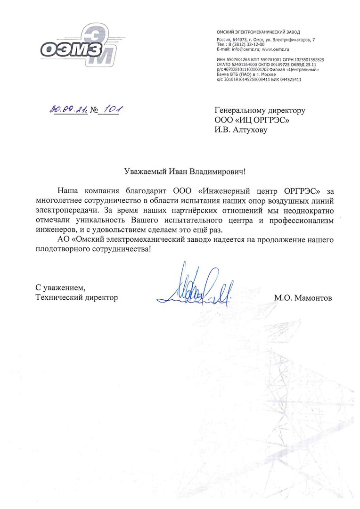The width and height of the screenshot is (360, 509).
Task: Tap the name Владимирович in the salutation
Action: (x=216, y=172)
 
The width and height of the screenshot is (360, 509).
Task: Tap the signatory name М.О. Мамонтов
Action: (x=303, y=298)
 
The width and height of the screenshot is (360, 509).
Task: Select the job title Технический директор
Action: (x=76, y=298)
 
